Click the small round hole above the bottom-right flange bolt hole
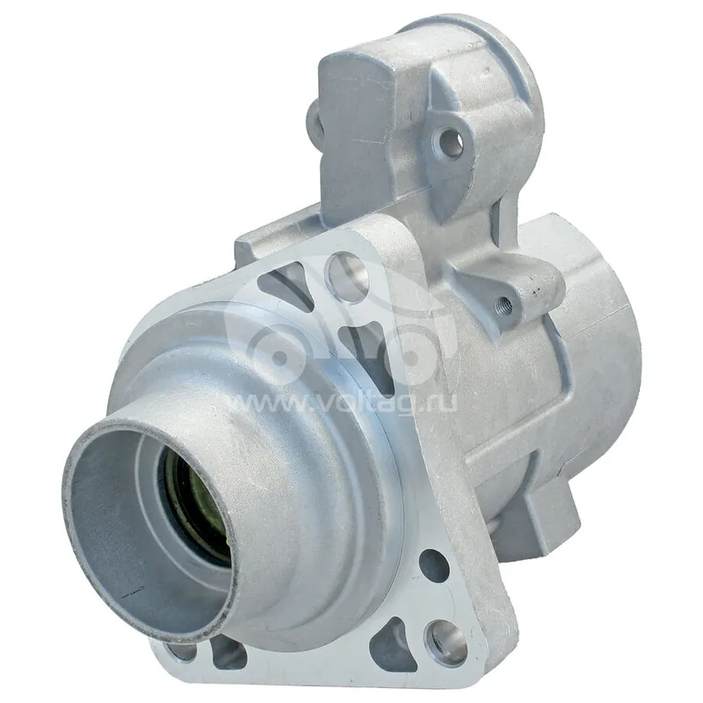434,566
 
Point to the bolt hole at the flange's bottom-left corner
181,651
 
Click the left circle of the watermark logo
279,355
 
